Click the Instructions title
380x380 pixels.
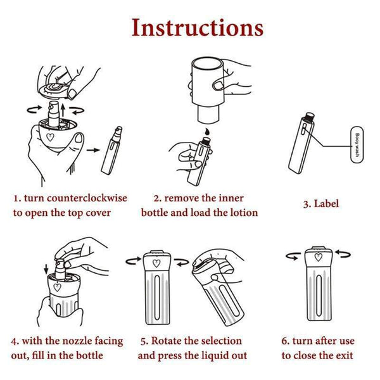pyautogui.click(x=197, y=28)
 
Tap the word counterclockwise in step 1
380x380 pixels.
pyautogui.click(x=87, y=198)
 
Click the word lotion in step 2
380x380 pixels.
pyautogui.click(x=244, y=213)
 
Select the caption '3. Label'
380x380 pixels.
pyautogui.click(x=321, y=203)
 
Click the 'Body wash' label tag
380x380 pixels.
pyautogui.click(x=357, y=144)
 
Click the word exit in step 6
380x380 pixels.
pyautogui.click(x=343, y=355)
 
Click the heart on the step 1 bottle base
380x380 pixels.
pyautogui.click(x=50, y=137)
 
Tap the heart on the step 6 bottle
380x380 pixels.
pyautogui.click(x=319, y=257)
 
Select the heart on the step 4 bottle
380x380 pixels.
pyautogui.click(x=57, y=287)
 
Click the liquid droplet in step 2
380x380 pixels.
pyautogui.click(x=206, y=132)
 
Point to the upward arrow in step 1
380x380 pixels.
pyautogui.click(x=63, y=110)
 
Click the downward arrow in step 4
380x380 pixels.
pyautogui.click(x=46, y=270)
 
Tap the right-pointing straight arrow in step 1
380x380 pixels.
pyautogui.click(x=93, y=150)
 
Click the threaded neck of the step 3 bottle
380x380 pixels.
pyautogui.click(x=309, y=117)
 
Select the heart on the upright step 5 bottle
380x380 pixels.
pyautogui.click(x=156, y=263)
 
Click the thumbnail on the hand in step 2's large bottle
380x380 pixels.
pyautogui.click(x=218, y=85)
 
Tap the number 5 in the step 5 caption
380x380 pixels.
pyautogui.click(x=144, y=341)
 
